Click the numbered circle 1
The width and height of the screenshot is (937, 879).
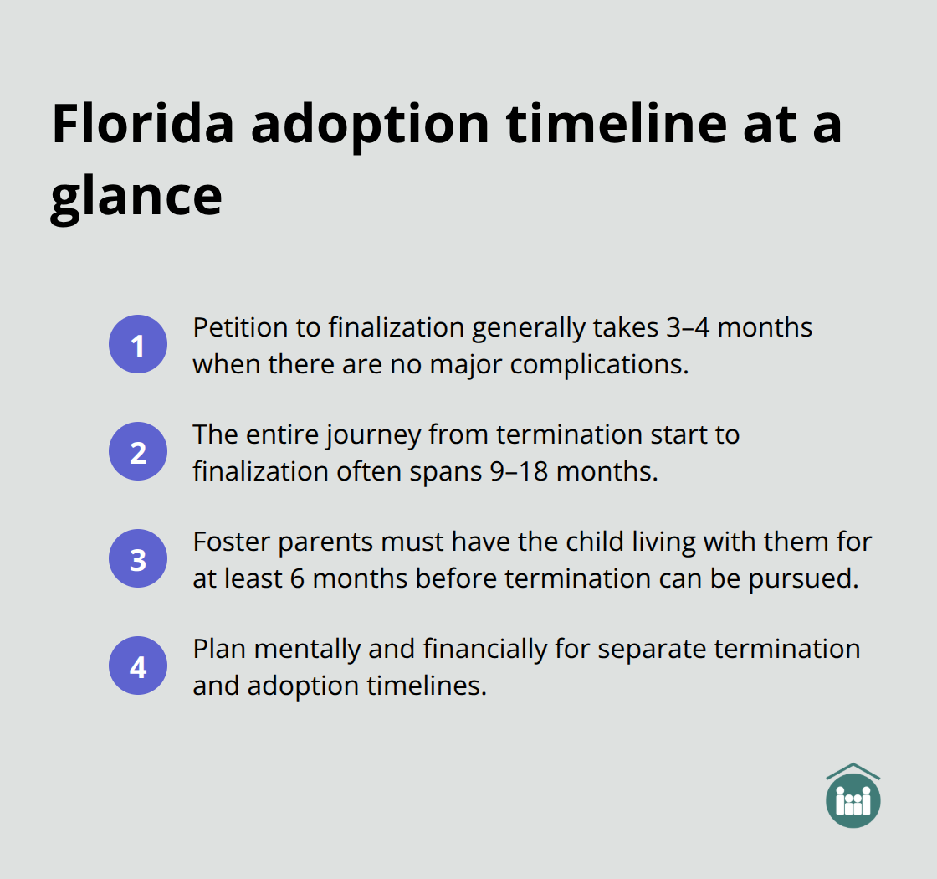coord(138,344)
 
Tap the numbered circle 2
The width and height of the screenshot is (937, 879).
coord(138,452)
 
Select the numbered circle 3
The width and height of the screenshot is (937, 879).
coord(138,559)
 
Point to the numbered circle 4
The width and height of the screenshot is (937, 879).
coord(138,667)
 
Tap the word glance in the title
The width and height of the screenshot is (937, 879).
coord(136,198)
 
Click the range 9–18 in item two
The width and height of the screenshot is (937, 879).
coord(519,471)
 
